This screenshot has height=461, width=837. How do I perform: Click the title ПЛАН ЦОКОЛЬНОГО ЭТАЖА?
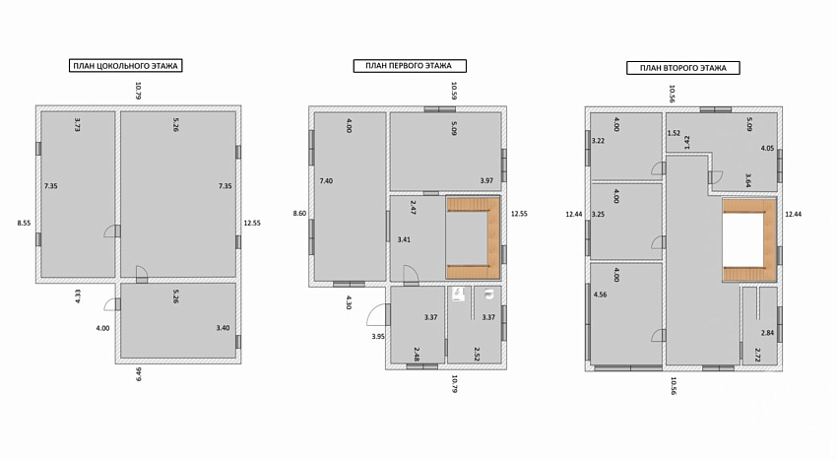point(125,66)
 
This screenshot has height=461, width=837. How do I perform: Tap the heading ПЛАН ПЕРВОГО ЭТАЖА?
point(410,66)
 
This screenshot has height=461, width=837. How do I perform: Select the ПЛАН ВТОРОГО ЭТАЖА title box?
point(682,68)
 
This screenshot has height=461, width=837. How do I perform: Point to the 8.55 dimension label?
point(24,224)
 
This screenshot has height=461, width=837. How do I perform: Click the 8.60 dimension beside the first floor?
point(299,213)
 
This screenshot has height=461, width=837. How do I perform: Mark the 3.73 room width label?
point(77,124)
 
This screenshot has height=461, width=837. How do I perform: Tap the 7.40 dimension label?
point(326,181)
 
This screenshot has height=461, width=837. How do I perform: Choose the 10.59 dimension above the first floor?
point(454,91)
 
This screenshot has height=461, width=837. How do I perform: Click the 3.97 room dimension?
point(486,180)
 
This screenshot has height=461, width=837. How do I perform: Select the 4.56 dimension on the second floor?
point(600,295)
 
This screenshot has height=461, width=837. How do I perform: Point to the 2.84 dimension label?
point(767,333)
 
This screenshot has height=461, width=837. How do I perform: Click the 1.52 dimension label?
point(674,133)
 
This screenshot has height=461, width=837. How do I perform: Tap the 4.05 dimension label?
point(767,149)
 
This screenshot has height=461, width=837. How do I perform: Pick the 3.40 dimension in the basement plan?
point(223,328)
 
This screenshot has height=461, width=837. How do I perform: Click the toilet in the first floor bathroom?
point(487,294)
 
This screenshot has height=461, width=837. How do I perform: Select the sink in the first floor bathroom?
point(458,295)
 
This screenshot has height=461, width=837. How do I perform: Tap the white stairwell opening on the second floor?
point(743,239)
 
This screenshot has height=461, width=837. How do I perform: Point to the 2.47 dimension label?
point(414,207)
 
